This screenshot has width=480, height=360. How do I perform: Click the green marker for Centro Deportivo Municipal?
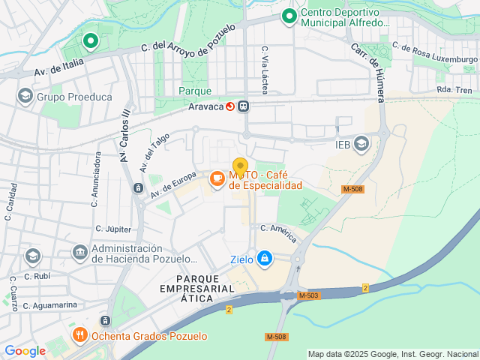click(289, 16)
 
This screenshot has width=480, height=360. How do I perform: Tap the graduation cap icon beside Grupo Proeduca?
click(25, 96)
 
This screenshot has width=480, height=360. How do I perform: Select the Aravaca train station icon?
click(244, 106)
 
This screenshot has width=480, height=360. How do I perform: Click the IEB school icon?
click(361, 142)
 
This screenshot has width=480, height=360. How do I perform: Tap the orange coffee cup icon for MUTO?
click(217, 178)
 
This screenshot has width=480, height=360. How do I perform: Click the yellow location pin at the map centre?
click(240, 166)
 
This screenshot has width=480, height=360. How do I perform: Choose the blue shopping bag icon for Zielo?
click(264, 259)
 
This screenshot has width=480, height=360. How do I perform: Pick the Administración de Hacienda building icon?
click(79, 252)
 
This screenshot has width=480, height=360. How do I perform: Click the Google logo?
click(25, 350)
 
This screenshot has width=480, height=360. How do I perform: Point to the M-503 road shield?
click(307, 295)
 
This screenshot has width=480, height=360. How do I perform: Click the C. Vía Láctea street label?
click(265, 69)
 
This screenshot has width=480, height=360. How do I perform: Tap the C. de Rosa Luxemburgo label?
click(435, 52)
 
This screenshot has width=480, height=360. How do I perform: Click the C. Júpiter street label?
click(113, 229)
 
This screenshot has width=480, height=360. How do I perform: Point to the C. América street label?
click(278, 232)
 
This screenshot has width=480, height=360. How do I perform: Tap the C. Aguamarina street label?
click(52, 305)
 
